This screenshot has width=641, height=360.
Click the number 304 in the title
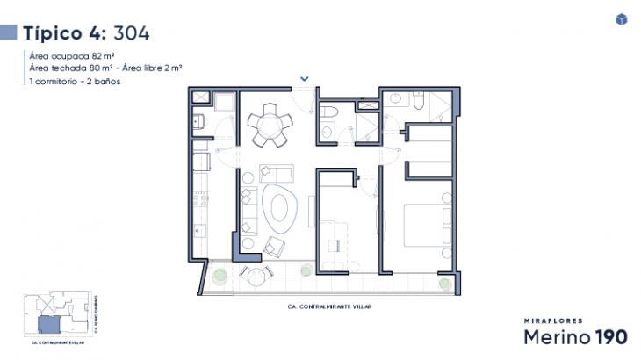pyautogui.click(x=132, y=33)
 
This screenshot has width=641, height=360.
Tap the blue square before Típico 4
pyautogui.click(x=9, y=33)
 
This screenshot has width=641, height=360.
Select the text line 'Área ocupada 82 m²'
pyautogui.click(x=65, y=55)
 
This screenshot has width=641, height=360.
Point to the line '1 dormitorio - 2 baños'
pyautogui.click(x=74, y=81)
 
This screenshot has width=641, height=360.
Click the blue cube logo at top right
pyautogui.click(x=622, y=19)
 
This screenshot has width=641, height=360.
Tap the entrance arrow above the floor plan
pyautogui.click(x=304, y=78)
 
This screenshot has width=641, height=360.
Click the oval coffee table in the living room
pyautogui.click(x=279, y=209)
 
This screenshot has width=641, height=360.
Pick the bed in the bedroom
pyautogui.click(x=425, y=226)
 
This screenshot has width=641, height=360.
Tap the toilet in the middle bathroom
pyautogui.click(x=328, y=130)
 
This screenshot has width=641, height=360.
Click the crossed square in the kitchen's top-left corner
pyautogui.click(x=199, y=97)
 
